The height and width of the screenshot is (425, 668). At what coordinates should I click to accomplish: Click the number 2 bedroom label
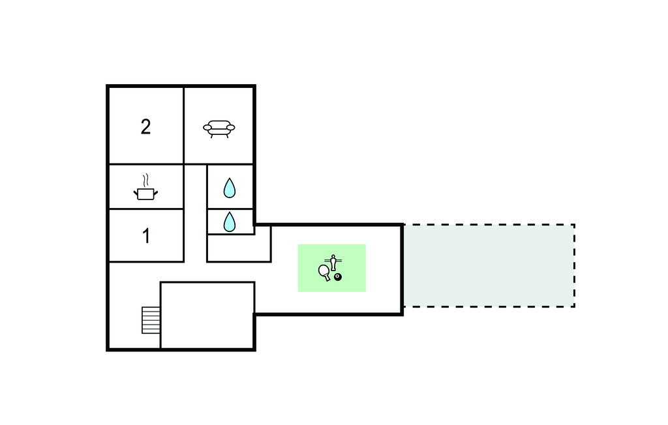click(145, 126)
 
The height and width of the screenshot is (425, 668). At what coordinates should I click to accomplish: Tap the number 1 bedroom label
click(146, 236)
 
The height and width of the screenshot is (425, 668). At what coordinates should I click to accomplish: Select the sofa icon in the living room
click(219, 128)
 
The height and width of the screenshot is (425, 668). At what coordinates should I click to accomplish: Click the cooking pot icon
click(146, 193)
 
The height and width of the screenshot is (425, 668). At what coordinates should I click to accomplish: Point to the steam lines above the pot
click(147, 179)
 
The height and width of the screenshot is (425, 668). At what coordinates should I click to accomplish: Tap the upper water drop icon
click(229, 188)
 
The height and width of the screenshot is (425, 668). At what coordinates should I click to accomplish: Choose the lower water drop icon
click(229, 222)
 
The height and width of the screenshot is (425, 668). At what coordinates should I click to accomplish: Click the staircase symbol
click(151, 320)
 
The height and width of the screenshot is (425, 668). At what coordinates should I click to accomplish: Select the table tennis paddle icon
click(324, 271)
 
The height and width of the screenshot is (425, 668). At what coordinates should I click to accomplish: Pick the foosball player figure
click(333, 262)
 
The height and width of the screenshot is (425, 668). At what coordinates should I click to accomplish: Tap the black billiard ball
click(338, 278)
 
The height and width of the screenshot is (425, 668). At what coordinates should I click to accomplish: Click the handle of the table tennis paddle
click(328, 279)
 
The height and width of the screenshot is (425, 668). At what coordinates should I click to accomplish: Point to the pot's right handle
click(157, 191)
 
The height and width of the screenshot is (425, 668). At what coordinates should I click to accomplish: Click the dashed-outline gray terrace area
click(489, 265)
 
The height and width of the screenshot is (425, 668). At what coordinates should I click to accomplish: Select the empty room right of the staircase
click(207, 315)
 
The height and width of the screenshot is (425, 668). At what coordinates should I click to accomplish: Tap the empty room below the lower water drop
click(238, 248)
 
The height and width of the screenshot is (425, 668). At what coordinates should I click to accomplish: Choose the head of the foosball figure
click(333, 256)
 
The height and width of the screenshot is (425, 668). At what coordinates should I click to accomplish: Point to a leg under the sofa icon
click(211, 136)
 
